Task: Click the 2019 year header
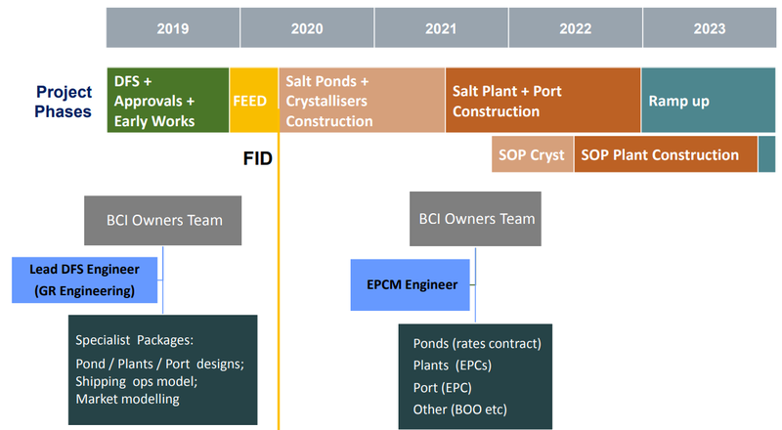pos(173,28)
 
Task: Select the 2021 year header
pos(442,28)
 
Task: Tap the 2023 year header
pos(710,28)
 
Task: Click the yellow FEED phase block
pos(254,101)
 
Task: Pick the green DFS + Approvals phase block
pos(168,101)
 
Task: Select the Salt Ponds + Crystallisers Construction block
pos(362,101)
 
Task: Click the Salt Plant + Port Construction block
pos(543,101)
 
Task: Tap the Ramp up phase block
pos(708,101)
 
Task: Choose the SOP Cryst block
pos(532,154)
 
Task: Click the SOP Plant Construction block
pos(666,154)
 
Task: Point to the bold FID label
pos(257,158)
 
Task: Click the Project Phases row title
pos(64,102)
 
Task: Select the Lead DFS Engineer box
pos(85,279)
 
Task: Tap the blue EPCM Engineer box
pos(411,284)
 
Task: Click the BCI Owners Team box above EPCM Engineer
pos(475,219)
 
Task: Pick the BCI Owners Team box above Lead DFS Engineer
pos(162,220)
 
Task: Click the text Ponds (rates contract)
pos(477,343)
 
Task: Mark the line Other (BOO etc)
pos(459,409)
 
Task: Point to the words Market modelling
pos(128,399)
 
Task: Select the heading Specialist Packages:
pos(134,340)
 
